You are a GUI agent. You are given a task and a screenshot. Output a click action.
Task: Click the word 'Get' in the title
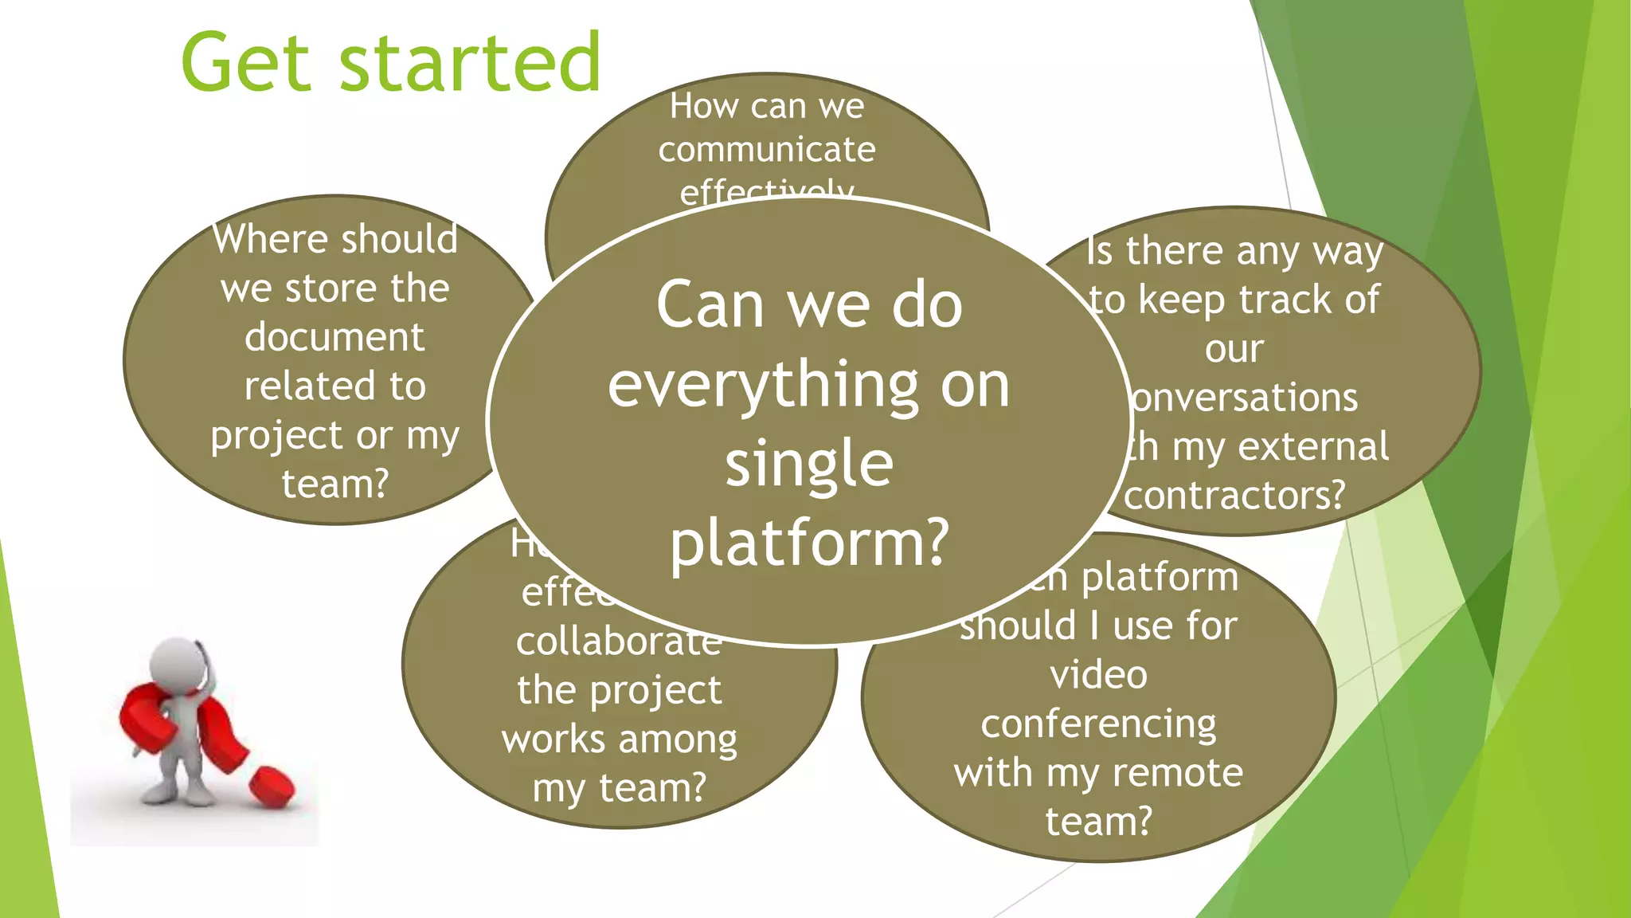coord(245,62)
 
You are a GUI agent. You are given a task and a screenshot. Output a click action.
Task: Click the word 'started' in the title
coord(470,62)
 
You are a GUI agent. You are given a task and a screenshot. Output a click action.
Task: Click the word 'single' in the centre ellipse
coord(809,465)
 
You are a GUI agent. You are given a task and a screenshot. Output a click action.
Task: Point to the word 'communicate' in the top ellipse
coord(766,150)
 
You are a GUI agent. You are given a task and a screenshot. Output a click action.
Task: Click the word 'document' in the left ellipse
coord(334,337)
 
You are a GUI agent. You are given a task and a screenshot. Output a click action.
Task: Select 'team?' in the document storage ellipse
coord(334,484)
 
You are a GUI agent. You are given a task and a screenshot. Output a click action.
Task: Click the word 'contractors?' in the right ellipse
coord(1234,496)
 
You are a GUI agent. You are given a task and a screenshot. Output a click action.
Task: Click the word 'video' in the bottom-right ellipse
coord(1098,675)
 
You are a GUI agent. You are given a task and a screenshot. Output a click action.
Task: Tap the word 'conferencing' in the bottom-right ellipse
coord(1098,724)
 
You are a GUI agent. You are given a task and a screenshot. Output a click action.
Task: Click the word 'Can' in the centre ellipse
coord(710,305)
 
